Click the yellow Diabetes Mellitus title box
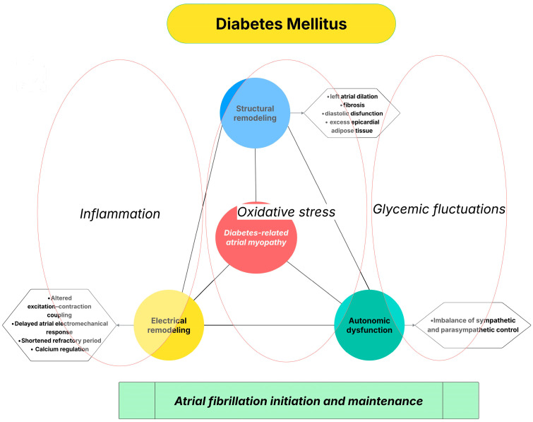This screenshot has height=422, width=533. tap(281, 24)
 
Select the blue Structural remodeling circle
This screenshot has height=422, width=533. tap(255, 113)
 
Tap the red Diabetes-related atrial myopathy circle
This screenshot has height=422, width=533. tap(256, 238)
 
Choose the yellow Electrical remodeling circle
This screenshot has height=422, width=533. tap(169, 325)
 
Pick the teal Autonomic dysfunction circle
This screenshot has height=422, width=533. tap(369, 325)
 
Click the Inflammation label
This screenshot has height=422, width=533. tap(120, 213)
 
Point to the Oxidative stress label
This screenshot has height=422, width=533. tap(286, 211)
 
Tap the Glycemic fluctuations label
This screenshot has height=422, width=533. tap(439, 209)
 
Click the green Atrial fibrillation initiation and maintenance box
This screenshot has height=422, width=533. tap(299, 401)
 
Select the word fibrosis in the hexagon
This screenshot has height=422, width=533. tap(354, 105)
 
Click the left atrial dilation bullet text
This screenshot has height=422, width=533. tap(352, 96)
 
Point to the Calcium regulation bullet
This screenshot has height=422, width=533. tap(60, 349)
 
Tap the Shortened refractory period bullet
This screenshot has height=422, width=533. tap(60, 341)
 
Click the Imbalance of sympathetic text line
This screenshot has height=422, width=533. tap(473, 320)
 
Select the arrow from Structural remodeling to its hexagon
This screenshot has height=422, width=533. tap(297, 112)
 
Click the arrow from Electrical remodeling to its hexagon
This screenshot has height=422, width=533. tap(125, 325)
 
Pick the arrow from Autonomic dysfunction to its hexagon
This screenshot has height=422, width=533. tap(410, 325)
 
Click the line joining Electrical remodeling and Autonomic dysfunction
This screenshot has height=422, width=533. tap(269, 325)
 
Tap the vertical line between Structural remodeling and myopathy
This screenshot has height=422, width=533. tap(256, 175)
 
